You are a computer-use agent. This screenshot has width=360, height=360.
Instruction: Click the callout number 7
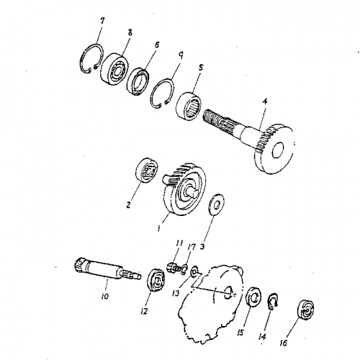(x=102, y=21)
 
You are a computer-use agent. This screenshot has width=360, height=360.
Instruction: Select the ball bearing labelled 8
(x=114, y=70)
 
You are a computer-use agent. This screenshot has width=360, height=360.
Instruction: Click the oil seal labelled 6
(x=138, y=82)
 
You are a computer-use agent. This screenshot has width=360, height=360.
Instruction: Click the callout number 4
(x=264, y=102)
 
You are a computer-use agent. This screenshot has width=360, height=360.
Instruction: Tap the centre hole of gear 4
(x=279, y=150)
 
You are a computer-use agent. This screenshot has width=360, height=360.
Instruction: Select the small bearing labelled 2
(x=147, y=171)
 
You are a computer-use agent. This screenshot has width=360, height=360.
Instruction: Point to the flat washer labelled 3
(x=216, y=204)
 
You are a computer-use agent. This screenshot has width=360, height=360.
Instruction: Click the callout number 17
(x=192, y=246)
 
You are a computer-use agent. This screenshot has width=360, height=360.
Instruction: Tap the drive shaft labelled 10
(x=107, y=270)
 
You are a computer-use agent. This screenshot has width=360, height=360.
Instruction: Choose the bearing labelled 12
(x=156, y=280)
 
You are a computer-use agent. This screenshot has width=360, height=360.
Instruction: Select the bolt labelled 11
(x=173, y=266)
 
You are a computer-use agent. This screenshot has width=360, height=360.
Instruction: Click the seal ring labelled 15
(x=253, y=297)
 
